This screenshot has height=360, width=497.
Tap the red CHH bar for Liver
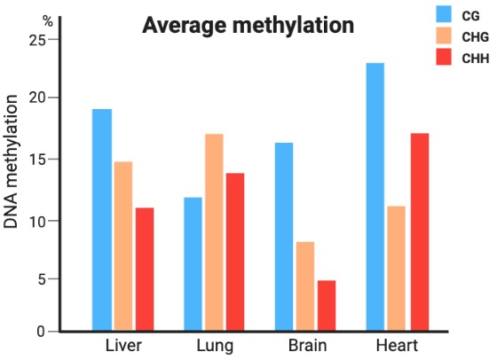click(145, 270)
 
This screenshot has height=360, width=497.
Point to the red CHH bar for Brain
click(326, 306)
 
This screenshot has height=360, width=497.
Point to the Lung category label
click(214, 345)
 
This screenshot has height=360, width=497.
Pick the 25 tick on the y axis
click(38, 40)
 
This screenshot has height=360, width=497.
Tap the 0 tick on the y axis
click(42, 332)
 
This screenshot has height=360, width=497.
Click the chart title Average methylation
click(248, 25)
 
